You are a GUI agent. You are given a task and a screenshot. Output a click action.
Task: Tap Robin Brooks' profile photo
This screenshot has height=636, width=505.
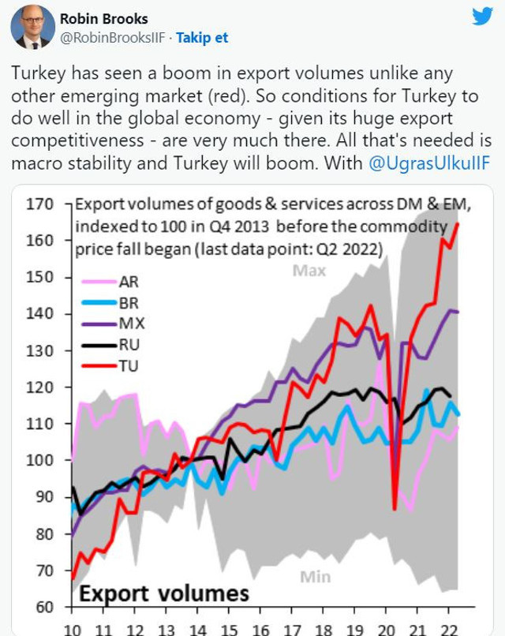click(32, 28)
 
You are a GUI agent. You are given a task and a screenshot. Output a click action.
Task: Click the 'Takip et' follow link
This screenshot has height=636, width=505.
click(201, 37)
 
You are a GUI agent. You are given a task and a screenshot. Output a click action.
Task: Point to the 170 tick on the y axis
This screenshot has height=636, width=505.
click(42, 204)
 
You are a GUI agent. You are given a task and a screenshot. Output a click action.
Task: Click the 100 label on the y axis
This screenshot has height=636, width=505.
click(42, 461)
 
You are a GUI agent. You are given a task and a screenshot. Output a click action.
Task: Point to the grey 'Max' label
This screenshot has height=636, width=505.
click(309, 271)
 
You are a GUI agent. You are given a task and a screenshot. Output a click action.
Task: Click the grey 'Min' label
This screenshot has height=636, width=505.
click(316, 578)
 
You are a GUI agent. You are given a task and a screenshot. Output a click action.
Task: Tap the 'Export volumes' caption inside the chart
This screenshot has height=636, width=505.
click(164, 592)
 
